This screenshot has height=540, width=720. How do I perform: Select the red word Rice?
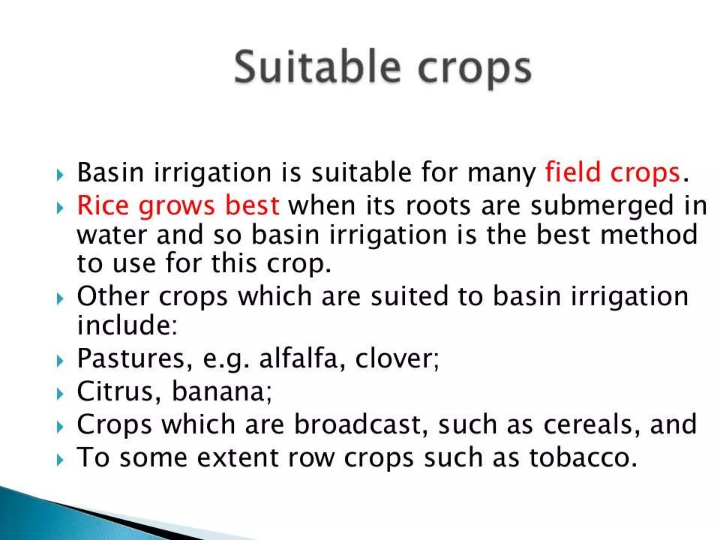coord(102,205)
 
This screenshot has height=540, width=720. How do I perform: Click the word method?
coord(649,234)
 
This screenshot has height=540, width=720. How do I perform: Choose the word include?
coord(127,325)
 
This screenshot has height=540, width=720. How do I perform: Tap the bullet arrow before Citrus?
coord(60,394)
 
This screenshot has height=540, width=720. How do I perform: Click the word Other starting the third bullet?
coord(113,296)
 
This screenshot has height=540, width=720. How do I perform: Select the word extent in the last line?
coord(237,457)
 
